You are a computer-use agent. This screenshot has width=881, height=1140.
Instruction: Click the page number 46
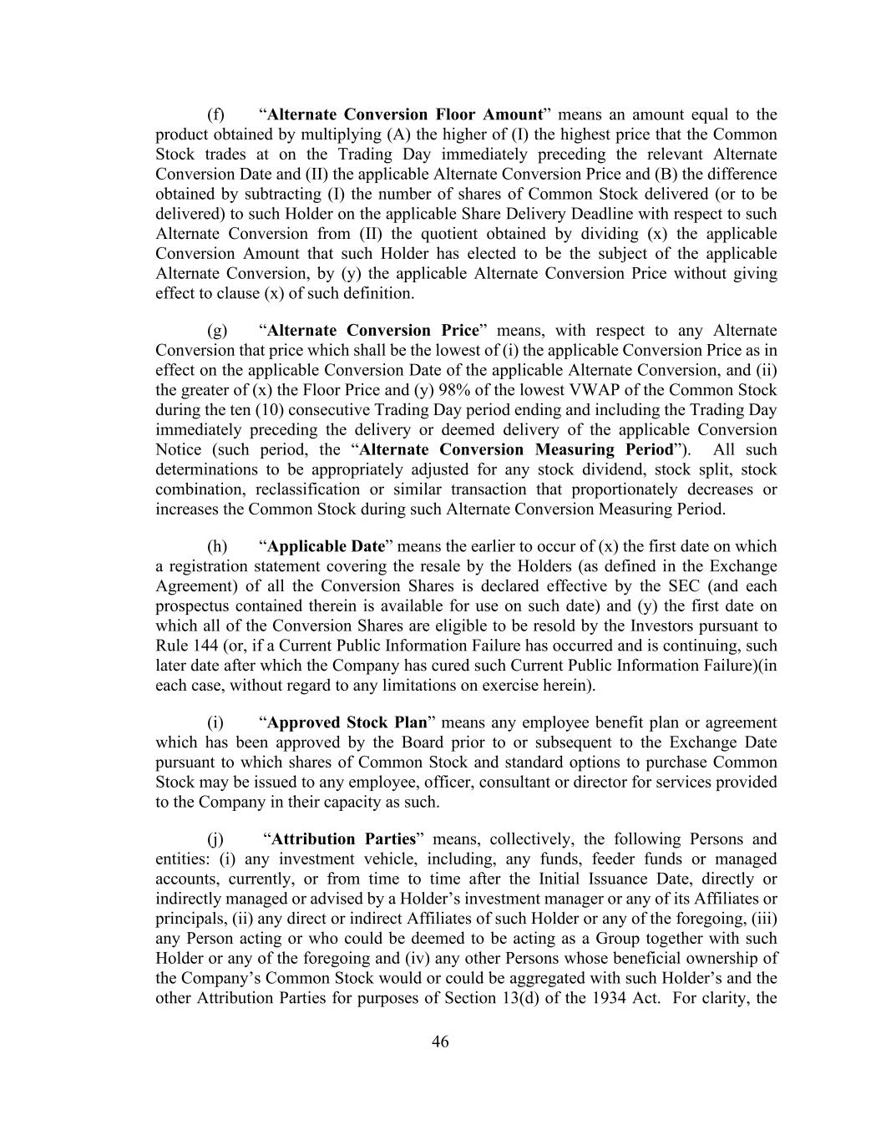(440, 1041)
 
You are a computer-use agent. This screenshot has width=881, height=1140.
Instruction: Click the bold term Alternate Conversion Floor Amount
(405, 114)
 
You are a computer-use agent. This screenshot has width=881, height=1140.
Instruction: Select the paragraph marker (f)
(216, 114)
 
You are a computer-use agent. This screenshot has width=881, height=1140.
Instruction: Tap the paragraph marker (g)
(217, 330)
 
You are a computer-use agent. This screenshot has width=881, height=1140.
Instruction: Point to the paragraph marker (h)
(217, 546)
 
